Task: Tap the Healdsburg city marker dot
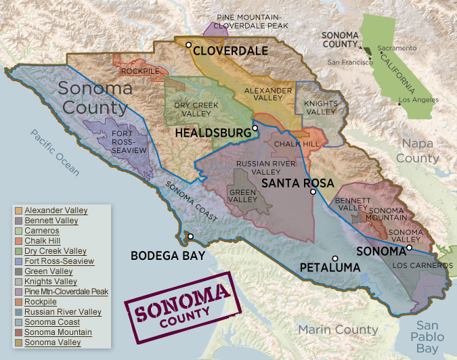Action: click(255, 128)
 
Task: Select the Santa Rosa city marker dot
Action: click(313, 192)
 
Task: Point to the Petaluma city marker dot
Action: click(335, 258)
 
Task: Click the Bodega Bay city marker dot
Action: click(191, 236)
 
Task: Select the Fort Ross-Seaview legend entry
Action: click(59, 261)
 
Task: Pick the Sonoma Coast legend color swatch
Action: click(18, 323)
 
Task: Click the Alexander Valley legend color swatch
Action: click(18, 210)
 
